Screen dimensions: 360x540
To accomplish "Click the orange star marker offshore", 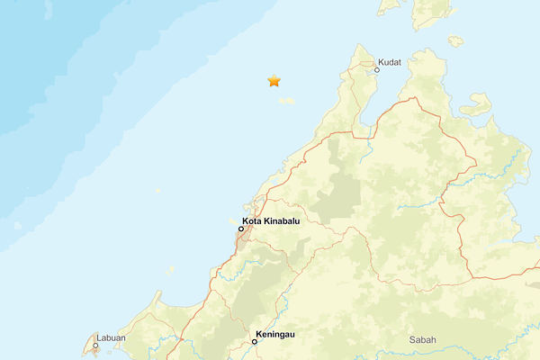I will tap(274, 81).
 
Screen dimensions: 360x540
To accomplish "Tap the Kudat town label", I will tap(390, 62).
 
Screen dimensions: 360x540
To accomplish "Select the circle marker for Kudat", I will tap(377, 68).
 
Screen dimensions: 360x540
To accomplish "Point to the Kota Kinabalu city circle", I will tap(240, 229).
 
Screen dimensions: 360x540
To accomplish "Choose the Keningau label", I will tap(275, 334).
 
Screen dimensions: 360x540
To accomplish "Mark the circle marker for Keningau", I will tap(255, 342).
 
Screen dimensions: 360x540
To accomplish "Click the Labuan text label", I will tap(111, 337).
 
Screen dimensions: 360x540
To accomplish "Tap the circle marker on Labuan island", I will tap(95, 345).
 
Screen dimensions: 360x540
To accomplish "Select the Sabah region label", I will tap(422, 339).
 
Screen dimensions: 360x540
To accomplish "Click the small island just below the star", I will tap(286, 101).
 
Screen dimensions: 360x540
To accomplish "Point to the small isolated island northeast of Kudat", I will tap(455, 40).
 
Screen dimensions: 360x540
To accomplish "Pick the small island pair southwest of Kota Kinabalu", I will tap(170, 268).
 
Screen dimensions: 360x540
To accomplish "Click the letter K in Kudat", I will tap(382, 62).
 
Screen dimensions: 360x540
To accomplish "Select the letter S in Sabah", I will tap(412, 339).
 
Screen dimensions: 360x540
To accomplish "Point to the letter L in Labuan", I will tap(100, 337).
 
